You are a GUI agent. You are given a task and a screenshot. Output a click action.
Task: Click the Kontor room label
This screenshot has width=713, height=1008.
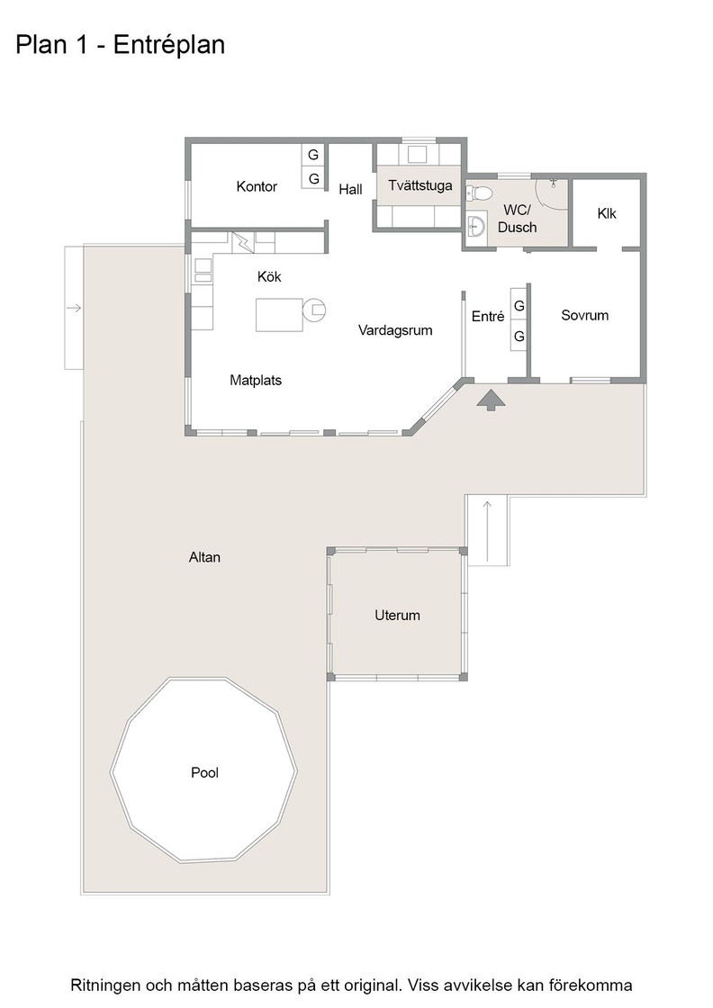[257, 186]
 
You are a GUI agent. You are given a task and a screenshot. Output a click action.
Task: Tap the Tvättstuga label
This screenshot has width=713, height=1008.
[420, 185]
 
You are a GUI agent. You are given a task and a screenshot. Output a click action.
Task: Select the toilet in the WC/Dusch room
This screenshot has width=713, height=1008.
[480, 193]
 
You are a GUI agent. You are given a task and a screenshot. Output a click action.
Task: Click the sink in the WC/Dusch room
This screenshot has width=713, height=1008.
[475, 226]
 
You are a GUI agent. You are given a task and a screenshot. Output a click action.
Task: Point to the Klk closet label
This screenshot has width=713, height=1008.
[606, 213]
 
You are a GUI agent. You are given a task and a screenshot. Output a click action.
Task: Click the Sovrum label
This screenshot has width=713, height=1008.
[584, 315]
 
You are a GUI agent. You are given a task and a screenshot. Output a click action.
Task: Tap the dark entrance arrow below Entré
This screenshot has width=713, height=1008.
[492, 400]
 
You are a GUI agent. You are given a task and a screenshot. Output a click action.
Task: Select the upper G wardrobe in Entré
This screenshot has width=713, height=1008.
[519, 305]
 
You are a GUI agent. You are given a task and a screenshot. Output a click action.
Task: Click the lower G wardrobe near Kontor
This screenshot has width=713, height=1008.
[314, 179]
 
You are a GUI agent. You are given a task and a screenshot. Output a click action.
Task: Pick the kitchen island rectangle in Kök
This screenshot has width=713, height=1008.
[279, 315]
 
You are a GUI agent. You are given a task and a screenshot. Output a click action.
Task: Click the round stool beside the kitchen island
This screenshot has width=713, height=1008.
[314, 310]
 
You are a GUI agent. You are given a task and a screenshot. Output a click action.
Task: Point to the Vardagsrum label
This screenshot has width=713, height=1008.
[395, 330]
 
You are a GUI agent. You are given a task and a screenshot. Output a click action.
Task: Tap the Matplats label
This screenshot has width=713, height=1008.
[256, 381]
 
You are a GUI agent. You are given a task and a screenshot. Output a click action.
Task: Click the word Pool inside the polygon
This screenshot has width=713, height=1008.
[204, 773]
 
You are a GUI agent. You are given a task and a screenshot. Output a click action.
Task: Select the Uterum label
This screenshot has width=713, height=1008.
[397, 616]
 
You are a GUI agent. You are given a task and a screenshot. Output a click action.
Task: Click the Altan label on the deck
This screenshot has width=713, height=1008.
[204, 557]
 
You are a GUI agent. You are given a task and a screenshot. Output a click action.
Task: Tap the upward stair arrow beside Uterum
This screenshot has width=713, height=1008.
[487, 530]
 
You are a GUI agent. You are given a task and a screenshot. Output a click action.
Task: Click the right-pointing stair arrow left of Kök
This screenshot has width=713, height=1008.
[74, 308]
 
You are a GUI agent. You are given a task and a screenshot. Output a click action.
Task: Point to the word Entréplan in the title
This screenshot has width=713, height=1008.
[170, 45]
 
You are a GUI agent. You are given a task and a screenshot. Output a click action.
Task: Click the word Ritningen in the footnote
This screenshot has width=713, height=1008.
[105, 985]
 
